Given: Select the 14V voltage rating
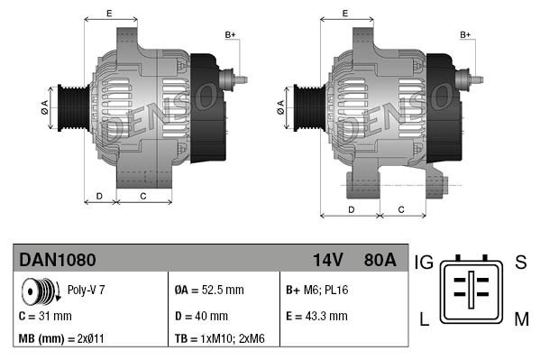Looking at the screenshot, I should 327,261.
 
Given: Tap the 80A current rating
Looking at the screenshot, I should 378,261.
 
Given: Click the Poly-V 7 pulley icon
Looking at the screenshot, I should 37,291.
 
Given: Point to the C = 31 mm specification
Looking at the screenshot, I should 45,316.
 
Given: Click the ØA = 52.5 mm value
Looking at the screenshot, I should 208,291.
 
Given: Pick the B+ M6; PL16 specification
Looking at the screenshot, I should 316,291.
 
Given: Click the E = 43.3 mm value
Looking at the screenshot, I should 316,316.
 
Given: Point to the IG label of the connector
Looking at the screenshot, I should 425,263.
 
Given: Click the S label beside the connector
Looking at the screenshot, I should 519,263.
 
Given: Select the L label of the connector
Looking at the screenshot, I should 425,318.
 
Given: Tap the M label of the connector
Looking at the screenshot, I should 520,318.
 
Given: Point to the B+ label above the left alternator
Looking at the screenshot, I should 230,35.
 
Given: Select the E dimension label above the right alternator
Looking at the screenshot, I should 346,13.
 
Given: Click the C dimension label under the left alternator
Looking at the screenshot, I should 143,195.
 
